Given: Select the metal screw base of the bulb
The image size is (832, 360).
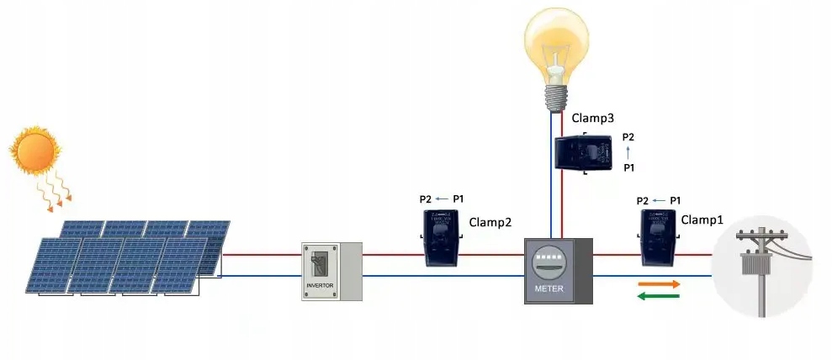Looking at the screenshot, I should [556, 98].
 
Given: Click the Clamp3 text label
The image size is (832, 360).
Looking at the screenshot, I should [592, 119].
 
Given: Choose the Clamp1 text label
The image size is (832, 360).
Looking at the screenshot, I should [702, 220].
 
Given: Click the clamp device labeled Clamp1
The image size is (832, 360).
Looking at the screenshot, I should [658, 236].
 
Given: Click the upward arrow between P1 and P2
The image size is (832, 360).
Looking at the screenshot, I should [628, 152].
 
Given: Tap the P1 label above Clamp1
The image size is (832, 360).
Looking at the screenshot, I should [675, 201].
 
